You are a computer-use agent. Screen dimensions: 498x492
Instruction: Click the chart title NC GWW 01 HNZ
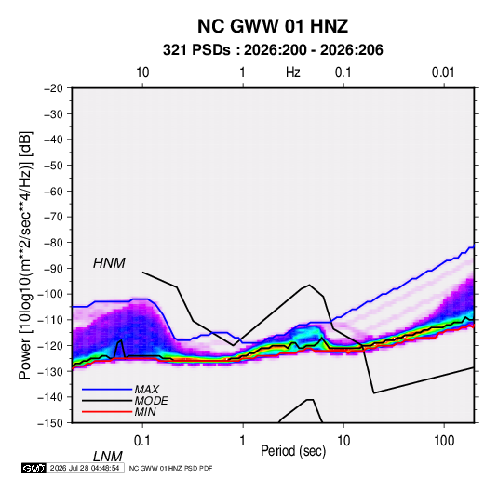[273, 26]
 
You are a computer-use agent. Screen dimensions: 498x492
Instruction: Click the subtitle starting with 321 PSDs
[273, 50]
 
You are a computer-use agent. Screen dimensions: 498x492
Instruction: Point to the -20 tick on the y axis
[53, 88]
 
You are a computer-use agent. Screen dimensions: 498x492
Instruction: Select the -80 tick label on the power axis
[53, 243]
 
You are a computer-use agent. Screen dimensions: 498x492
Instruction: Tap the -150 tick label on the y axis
[51, 423]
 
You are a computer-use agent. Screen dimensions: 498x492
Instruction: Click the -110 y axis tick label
[51, 320]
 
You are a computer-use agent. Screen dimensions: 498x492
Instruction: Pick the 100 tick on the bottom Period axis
[444, 441]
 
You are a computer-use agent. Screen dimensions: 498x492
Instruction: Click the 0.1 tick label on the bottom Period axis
[142, 441]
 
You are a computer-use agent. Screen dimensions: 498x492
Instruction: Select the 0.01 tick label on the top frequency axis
[443, 73]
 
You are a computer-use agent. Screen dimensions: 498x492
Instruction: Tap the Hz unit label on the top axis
[293, 73]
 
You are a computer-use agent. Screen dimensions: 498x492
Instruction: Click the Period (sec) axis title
[293, 451]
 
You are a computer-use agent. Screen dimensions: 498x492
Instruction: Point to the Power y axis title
[25, 256]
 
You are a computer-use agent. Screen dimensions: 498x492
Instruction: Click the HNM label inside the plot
[109, 263]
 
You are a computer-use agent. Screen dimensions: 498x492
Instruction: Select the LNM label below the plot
[107, 457]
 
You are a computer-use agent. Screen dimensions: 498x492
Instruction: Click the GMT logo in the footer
[34, 468]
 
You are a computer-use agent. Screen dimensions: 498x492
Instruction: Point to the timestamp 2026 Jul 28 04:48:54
[85, 468]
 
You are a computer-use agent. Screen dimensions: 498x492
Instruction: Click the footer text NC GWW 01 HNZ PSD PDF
[170, 468]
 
